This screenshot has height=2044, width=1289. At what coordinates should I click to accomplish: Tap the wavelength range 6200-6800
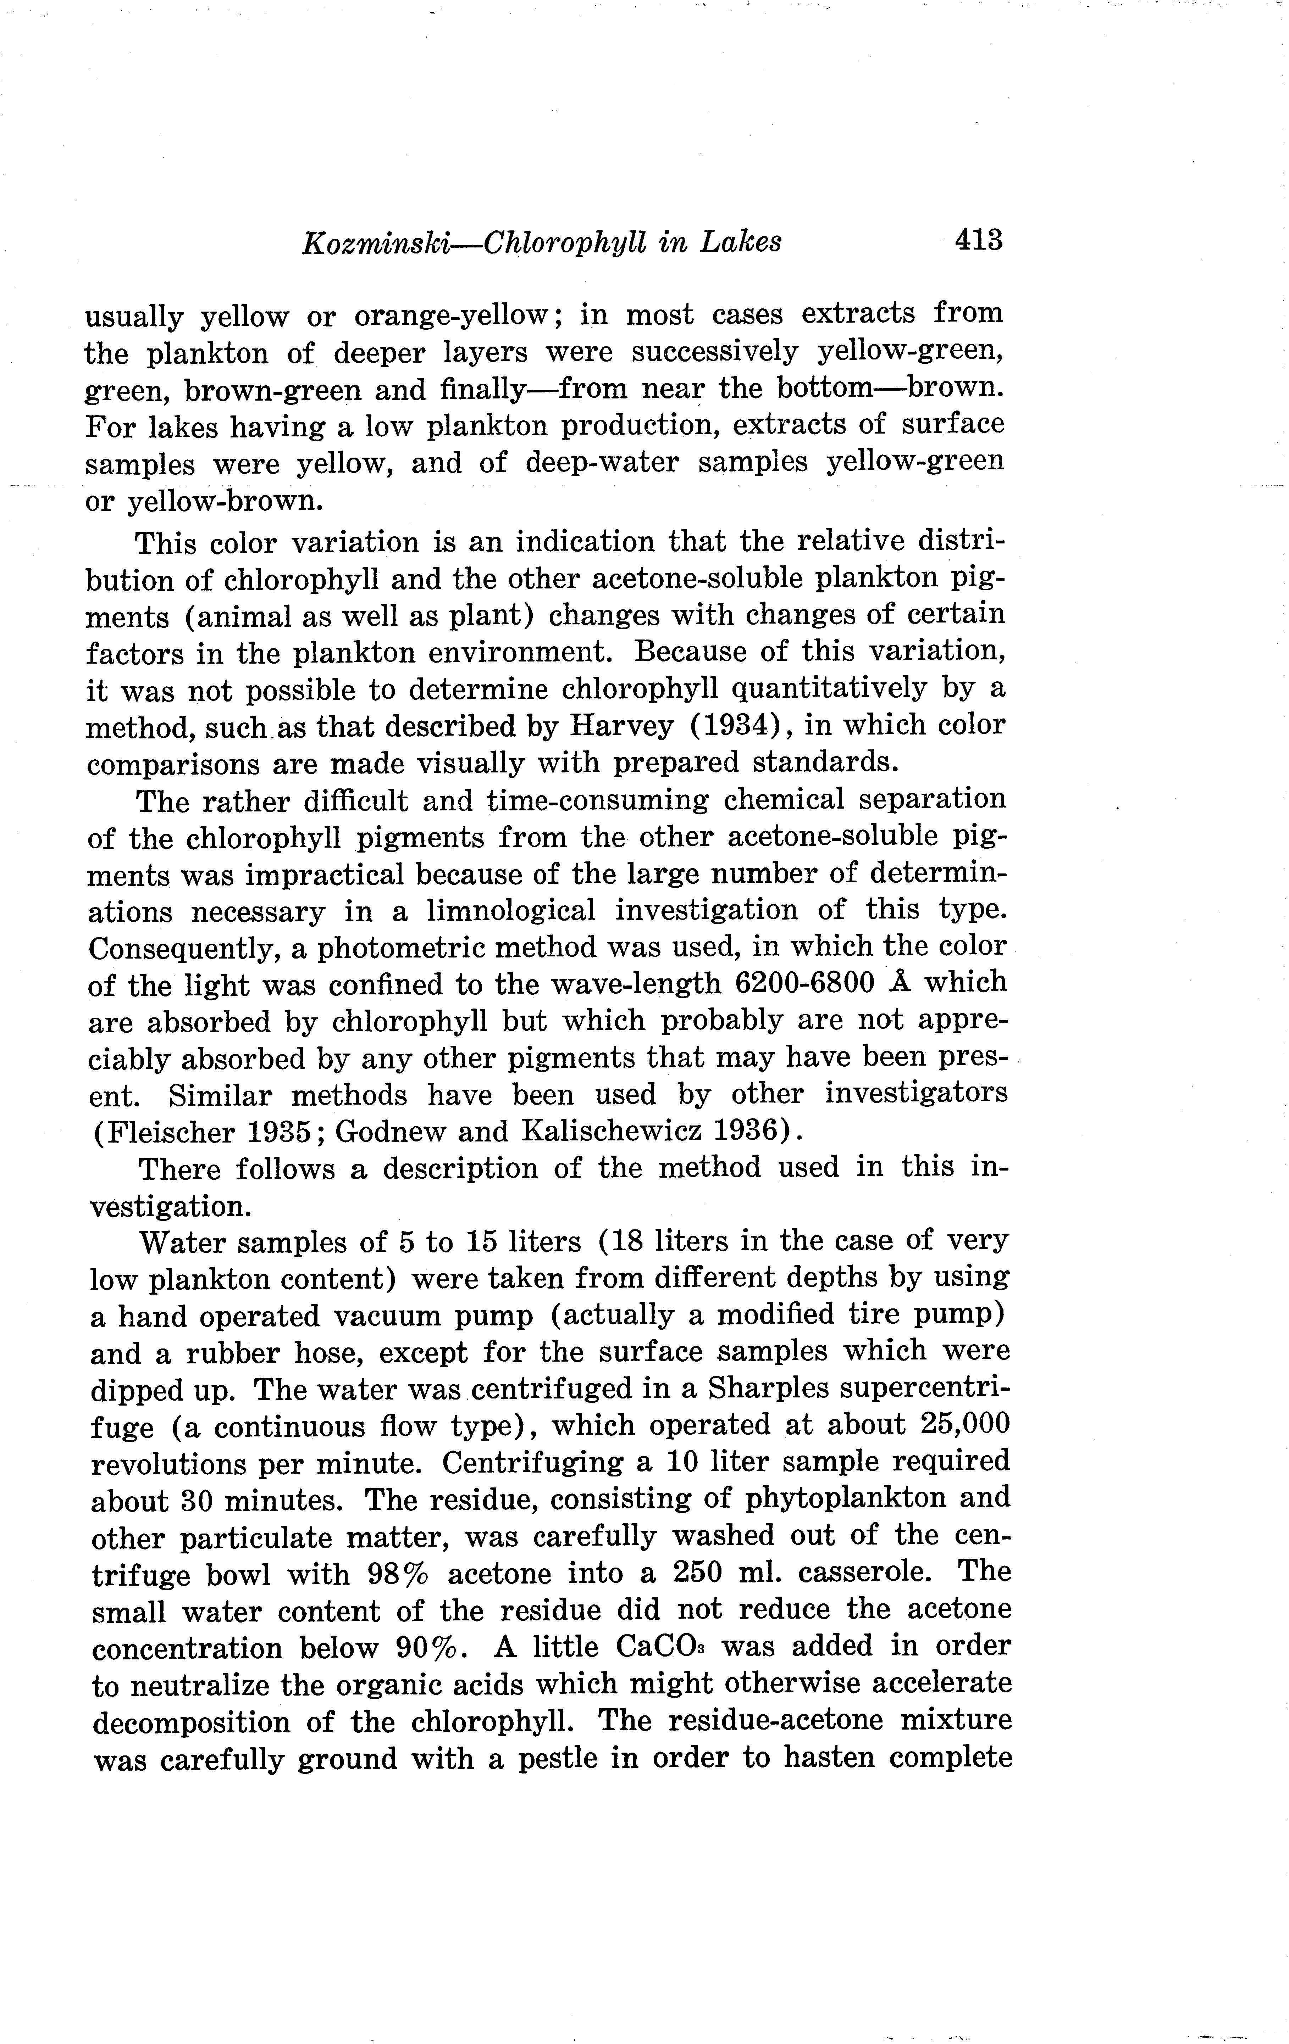tap(804, 983)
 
